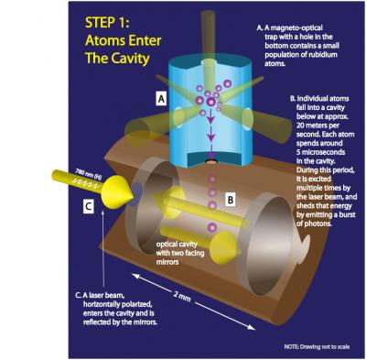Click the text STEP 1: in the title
click(x=113, y=20)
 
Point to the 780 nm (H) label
click(x=92, y=172)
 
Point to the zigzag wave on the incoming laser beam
click(x=91, y=182)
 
